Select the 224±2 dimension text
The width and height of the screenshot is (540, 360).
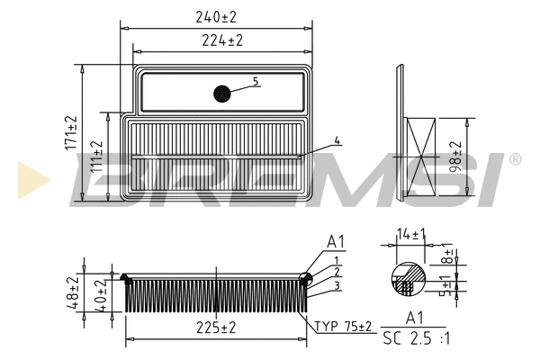click(x=222, y=40)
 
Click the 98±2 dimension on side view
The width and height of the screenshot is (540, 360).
click(x=456, y=157)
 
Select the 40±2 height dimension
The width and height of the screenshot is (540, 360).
click(x=103, y=297)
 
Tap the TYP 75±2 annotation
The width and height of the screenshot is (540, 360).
click(x=343, y=327)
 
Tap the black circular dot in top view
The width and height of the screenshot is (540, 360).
click(x=222, y=93)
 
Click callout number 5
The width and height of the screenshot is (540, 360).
click(x=256, y=82)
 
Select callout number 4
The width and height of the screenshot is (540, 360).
click(x=337, y=140)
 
